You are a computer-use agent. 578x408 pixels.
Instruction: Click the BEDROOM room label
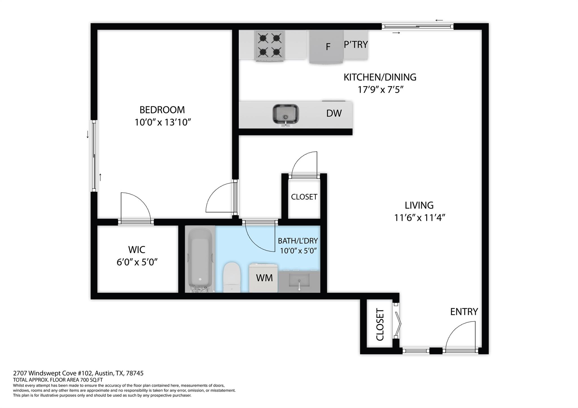[162, 110]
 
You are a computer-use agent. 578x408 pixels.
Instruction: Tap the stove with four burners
[270, 46]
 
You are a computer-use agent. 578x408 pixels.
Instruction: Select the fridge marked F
[327, 47]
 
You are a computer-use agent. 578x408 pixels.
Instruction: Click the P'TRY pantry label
[356, 45]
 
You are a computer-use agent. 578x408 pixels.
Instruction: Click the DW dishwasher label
[334, 113]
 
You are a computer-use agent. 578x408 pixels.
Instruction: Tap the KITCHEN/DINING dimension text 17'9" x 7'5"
[380, 90]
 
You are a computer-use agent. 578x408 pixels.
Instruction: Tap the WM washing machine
[264, 278]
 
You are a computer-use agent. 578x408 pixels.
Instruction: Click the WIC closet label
[137, 250]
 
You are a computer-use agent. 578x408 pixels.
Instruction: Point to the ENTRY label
[464, 312]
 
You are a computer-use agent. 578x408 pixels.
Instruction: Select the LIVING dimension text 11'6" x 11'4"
[419, 218]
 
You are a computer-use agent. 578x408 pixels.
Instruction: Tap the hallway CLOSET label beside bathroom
[304, 197]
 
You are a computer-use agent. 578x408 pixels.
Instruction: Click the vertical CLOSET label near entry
[380, 325]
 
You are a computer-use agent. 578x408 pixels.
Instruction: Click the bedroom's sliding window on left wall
[94, 156]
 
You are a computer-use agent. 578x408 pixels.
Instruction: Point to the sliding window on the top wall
[417, 27]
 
